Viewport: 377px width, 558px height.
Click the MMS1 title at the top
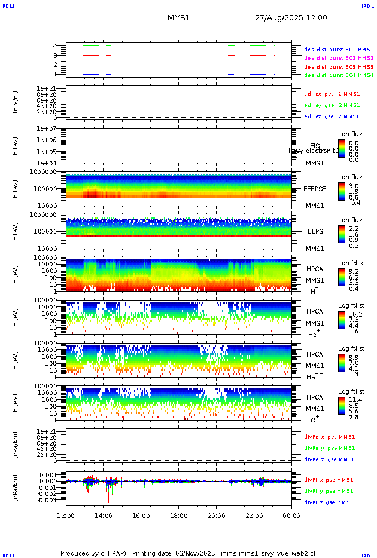click(178, 18)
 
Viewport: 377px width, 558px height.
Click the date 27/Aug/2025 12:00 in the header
click(291, 18)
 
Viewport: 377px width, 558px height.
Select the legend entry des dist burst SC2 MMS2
click(339, 58)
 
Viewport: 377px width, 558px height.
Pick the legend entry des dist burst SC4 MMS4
click(339, 75)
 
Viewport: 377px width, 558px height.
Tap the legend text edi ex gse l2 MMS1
click(332, 93)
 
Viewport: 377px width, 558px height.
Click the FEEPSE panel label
click(314, 188)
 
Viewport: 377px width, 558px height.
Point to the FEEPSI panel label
click(314, 231)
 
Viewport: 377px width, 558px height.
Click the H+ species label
click(314, 290)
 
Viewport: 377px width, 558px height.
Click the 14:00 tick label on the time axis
click(104, 515)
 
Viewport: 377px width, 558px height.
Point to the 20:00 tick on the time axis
click(217, 515)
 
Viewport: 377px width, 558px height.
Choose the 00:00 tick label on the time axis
click(291, 515)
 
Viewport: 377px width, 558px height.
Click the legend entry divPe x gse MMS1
click(329, 436)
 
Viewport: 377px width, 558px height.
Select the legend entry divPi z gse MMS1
click(329, 502)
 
